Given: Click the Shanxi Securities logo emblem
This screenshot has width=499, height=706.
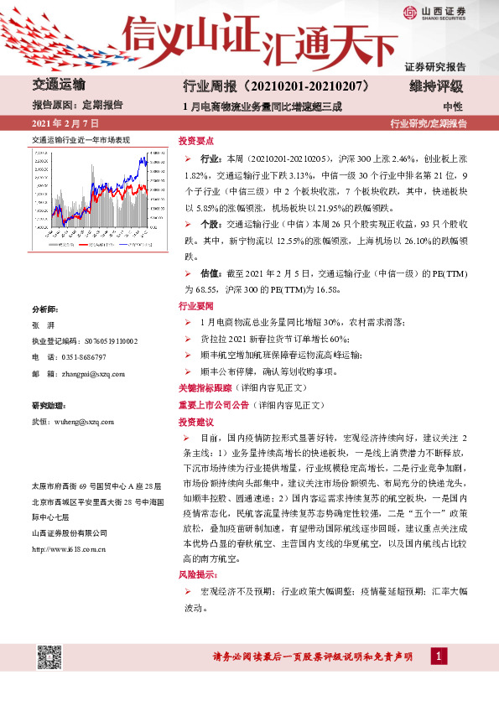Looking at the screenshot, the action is [409, 12].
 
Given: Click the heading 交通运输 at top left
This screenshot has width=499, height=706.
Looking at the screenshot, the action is [58, 85].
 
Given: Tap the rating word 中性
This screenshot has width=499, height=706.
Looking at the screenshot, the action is [452, 106].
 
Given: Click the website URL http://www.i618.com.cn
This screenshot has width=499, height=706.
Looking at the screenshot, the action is [68, 549].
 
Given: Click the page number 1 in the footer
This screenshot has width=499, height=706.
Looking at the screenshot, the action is [438, 656].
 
